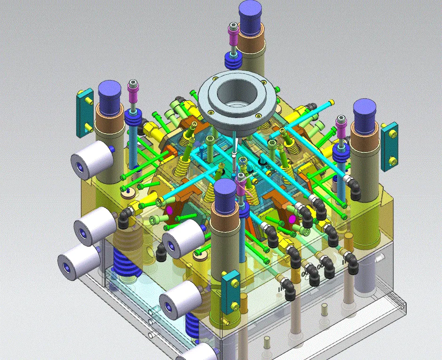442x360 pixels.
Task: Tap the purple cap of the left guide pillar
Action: coord(109,97)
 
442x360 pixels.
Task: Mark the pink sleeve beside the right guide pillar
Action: coord(341,128)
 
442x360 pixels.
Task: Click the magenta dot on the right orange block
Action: coord(292,219)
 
